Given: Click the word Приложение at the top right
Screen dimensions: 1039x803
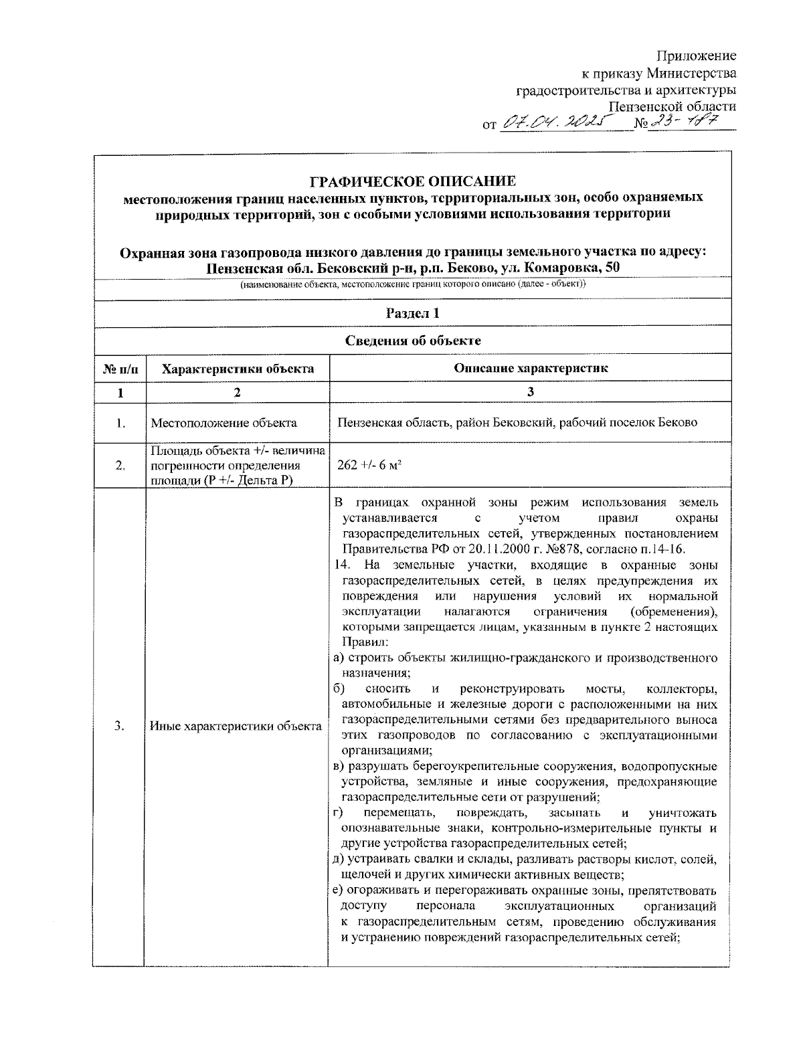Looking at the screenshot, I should pos(696,56).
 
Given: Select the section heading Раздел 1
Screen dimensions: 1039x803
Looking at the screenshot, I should pos(412,313).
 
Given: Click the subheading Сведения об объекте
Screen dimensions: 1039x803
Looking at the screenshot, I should pos(412,341).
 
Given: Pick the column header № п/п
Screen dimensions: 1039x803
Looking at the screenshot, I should pos(120,368).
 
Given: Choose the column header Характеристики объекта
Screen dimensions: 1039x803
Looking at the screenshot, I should pos(238,368).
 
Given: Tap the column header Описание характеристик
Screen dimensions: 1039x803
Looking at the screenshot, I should pos(530,368).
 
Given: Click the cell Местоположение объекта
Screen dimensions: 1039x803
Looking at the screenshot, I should pos(224,423).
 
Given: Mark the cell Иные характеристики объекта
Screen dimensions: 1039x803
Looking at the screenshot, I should pos(236,727).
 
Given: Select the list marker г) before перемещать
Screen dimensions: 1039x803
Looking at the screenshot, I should pos(338,813).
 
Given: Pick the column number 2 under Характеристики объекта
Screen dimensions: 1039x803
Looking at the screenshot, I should pos(237,393).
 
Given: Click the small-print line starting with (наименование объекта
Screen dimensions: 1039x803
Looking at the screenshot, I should pos(412,284).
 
